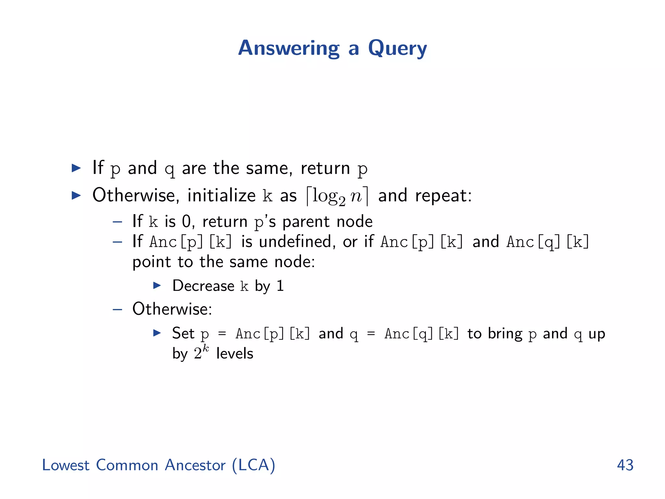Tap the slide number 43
pos(625,465)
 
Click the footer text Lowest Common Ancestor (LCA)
pos(158,465)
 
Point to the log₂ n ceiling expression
pos(337,196)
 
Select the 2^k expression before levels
pos(201,352)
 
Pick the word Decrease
pos(203,286)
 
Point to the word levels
pos(234,353)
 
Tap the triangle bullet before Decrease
pos(157,286)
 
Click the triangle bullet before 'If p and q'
pos(76,168)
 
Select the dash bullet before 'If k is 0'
pos(117,222)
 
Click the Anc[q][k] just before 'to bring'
pos(421,334)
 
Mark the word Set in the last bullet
pos(183,333)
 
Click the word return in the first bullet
pos(325,168)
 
